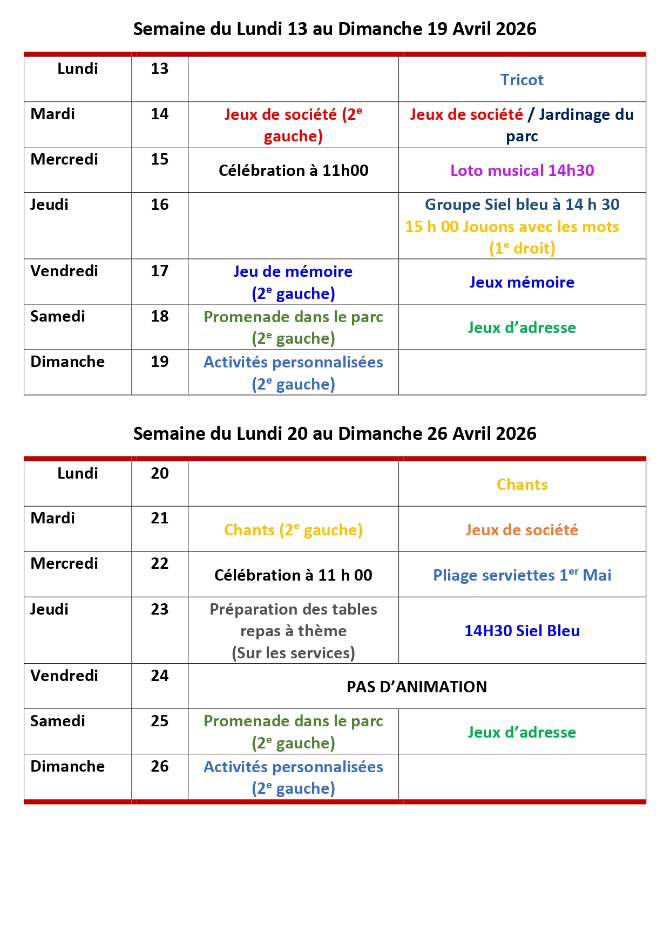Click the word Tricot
click(x=522, y=80)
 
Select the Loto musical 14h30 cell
click(x=522, y=171)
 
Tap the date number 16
click(x=159, y=205)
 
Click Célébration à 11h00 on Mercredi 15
click(x=293, y=171)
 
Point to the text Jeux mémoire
click(x=522, y=282)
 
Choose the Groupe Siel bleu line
click(x=522, y=205)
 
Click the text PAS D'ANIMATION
click(x=416, y=687)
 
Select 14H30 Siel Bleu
click(x=522, y=631)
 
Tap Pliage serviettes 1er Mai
click(x=522, y=575)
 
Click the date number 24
click(x=159, y=676)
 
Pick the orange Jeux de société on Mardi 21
click(x=522, y=530)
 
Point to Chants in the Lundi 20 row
click(x=522, y=485)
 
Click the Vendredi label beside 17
click(x=64, y=271)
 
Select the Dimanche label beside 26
click(x=67, y=766)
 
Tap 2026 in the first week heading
click(x=516, y=29)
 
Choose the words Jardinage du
click(x=586, y=114)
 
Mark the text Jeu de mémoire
click(x=293, y=271)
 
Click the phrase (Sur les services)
click(x=293, y=653)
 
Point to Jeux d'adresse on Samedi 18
click(x=522, y=328)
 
